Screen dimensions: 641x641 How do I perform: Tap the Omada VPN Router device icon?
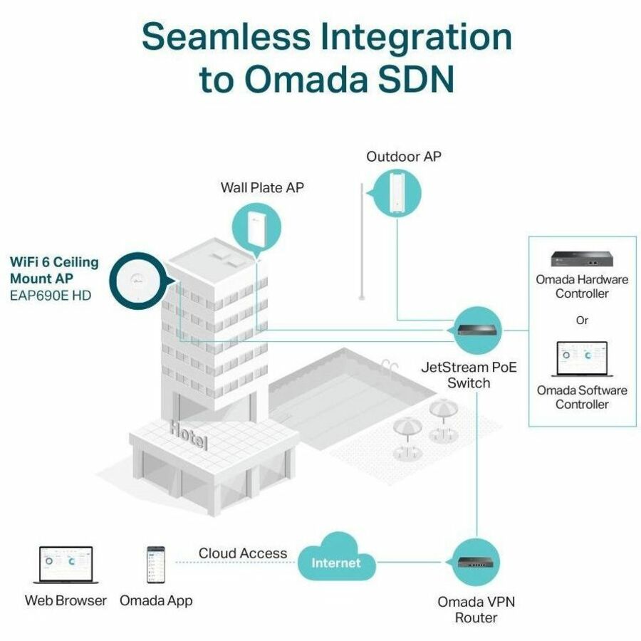[x=477, y=560]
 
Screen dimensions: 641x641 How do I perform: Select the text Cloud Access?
[x=243, y=553]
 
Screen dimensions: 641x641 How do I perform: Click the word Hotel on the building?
[x=189, y=434]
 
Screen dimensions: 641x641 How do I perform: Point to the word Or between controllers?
[x=583, y=320]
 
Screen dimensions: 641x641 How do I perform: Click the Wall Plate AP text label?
[x=262, y=188]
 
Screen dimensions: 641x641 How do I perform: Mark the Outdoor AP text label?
[x=404, y=156]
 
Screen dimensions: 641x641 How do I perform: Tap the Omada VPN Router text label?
[x=476, y=609]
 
